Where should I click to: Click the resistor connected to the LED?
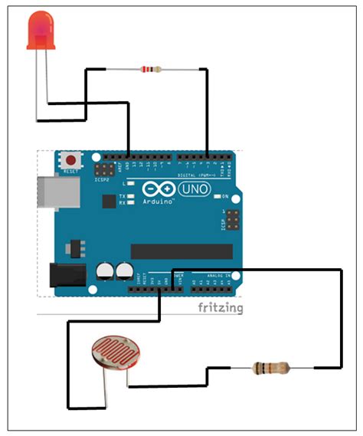coord(150,70)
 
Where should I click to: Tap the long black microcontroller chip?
coord(181,251)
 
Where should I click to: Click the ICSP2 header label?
coord(102,180)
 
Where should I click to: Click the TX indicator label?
coord(123,196)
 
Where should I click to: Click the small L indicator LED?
coord(131,185)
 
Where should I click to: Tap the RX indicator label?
coord(123,203)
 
